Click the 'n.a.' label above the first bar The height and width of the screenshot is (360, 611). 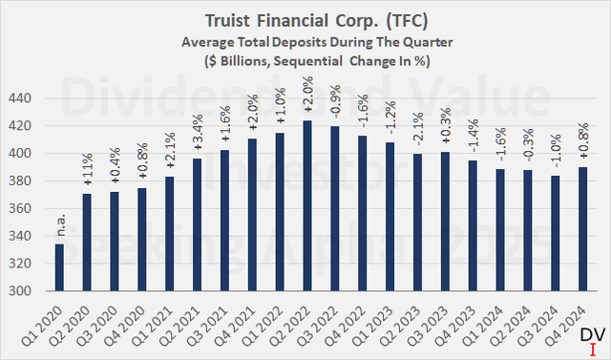point(60,230)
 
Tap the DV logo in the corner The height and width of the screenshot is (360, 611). point(593,337)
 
